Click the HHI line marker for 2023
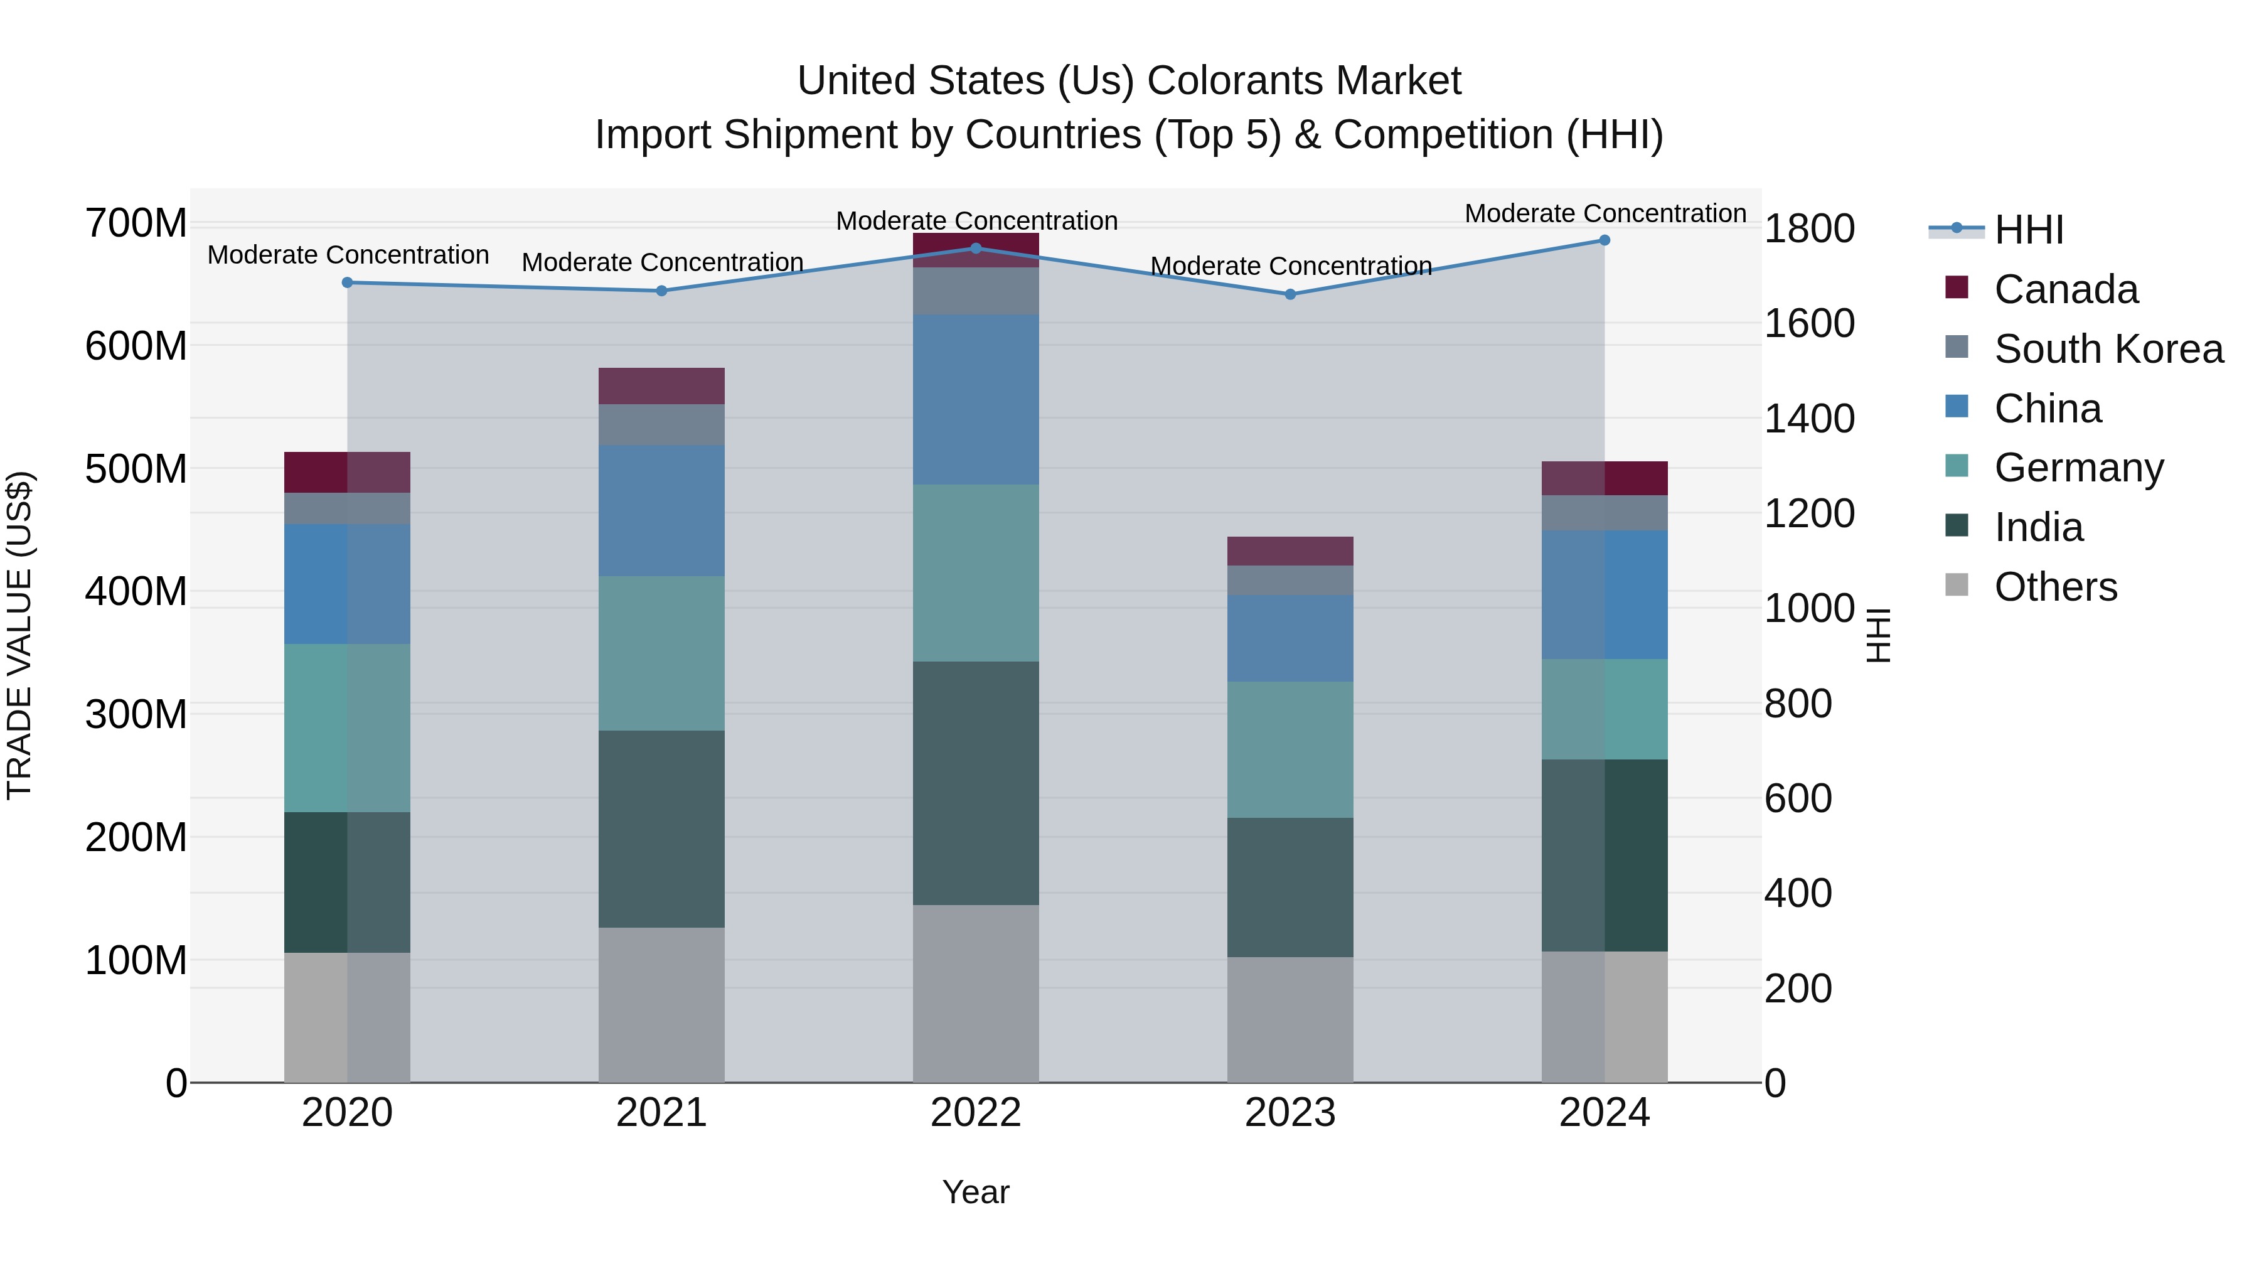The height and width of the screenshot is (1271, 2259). (x=1290, y=295)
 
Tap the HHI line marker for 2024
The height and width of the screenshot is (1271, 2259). (x=1605, y=240)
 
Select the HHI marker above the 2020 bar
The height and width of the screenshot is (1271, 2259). (x=347, y=282)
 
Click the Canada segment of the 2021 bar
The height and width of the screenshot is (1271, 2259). (x=661, y=386)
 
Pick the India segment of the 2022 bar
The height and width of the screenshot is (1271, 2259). (x=975, y=783)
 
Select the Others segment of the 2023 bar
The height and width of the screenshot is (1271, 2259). (x=1290, y=1019)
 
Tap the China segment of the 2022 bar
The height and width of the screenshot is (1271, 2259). (x=975, y=400)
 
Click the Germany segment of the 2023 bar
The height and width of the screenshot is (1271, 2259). (x=1290, y=750)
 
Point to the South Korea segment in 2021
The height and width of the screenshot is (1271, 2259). (x=661, y=424)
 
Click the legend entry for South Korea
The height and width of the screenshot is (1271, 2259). (x=2108, y=349)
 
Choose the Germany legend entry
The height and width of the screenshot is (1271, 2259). (x=2078, y=468)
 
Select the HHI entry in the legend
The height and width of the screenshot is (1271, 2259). (x=2027, y=230)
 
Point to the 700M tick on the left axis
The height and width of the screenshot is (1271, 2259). (x=136, y=223)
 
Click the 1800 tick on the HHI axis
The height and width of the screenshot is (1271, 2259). (x=1809, y=229)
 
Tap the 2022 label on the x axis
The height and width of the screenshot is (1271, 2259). (x=975, y=1113)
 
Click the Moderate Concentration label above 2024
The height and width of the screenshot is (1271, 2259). (x=1605, y=213)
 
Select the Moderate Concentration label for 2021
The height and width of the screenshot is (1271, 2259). (x=662, y=262)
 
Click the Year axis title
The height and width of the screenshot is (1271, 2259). (x=975, y=1192)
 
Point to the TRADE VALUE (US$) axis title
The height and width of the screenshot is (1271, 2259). (x=19, y=635)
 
